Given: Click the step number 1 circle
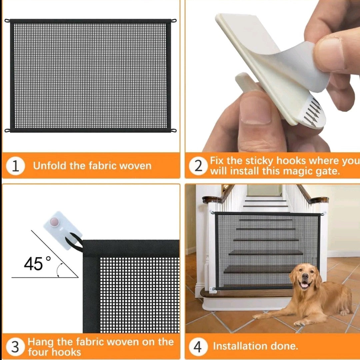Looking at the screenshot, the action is click(x=15, y=166).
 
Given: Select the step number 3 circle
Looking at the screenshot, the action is click(x=15, y=347).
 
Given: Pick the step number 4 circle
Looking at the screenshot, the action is click(x=198, y=347).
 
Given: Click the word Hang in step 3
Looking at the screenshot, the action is click(x=41, y=342).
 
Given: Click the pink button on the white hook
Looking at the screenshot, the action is click(x=54, y=222).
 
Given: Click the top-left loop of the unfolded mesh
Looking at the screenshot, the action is click(x=7, y=21).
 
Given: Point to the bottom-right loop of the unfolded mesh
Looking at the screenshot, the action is click(x=174, y=131).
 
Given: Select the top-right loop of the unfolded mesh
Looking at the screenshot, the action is click(x=174, y=21).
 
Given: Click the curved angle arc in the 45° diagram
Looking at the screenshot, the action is click(x=59, y=270).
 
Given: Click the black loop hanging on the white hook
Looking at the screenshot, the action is click(x=74, y=243).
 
